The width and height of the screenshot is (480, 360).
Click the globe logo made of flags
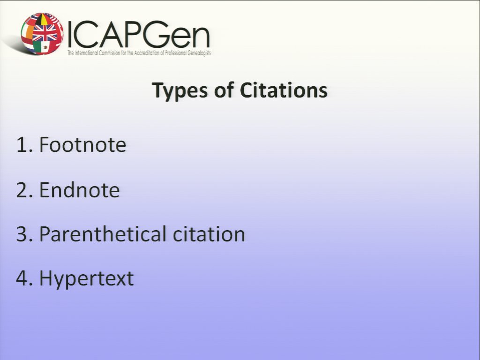[42, 34]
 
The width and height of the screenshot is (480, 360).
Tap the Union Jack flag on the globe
[45, 32]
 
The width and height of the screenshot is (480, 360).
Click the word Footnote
[82, 144]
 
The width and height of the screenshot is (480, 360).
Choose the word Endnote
[79, 190]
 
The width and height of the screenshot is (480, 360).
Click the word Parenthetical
[103, 234]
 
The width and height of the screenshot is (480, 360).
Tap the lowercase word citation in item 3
[209, 234]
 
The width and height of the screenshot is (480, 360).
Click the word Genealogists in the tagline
[199, 53]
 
